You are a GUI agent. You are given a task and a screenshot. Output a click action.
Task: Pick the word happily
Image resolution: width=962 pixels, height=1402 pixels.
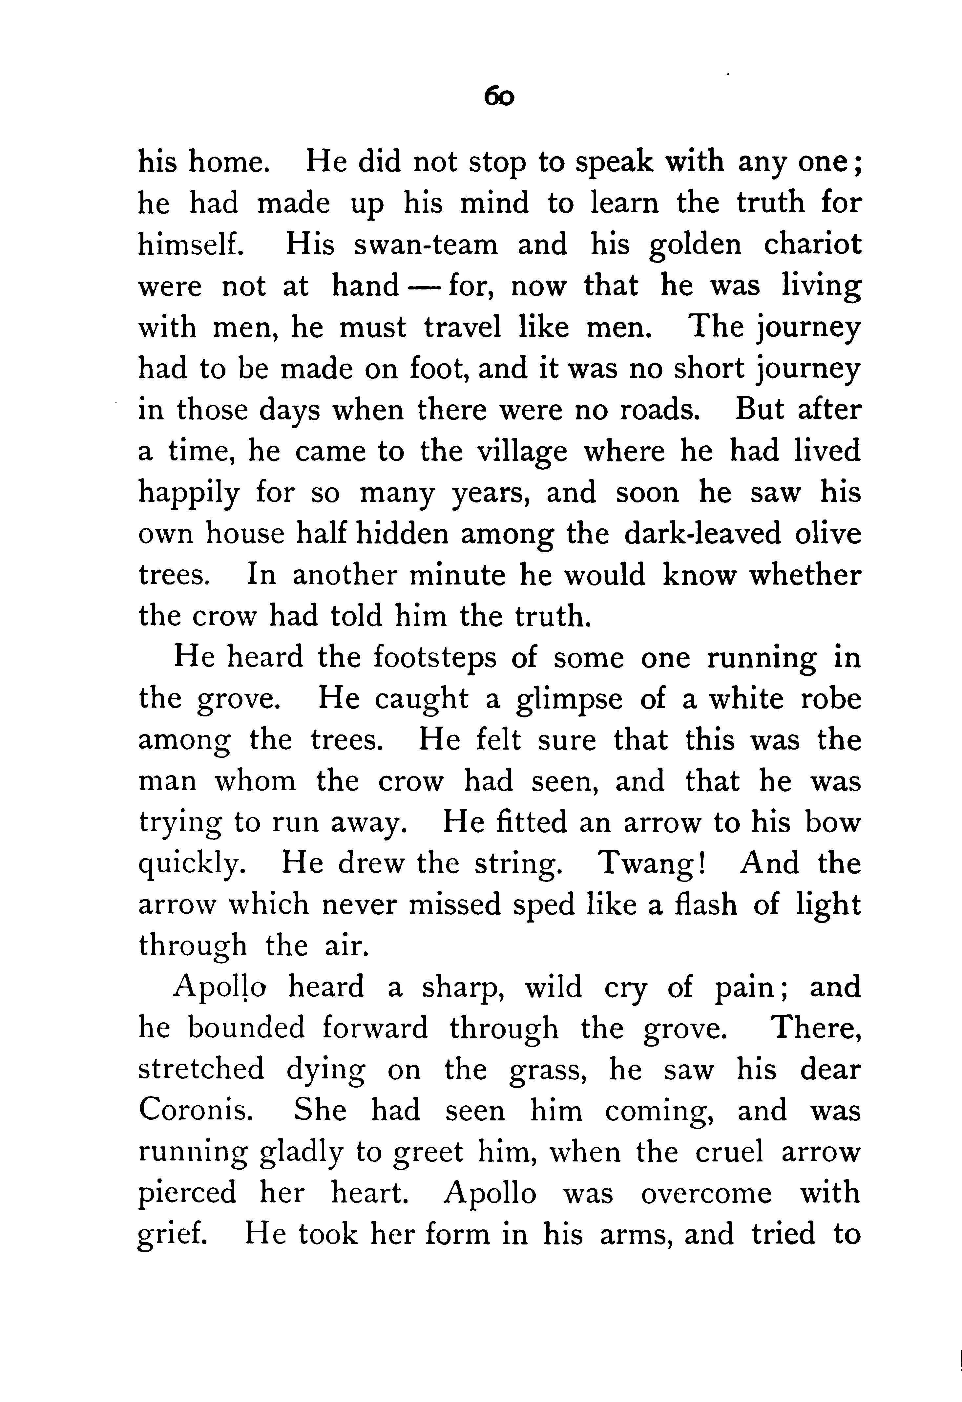(188, 494)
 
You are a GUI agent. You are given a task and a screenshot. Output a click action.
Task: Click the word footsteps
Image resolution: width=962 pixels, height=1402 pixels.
(434, 658)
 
